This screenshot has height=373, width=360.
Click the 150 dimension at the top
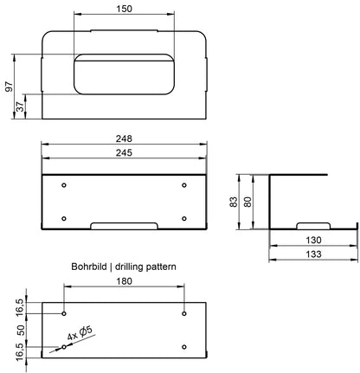(124, 9)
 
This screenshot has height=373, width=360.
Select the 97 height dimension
(10, 87)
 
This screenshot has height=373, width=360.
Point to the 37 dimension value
(20, 106)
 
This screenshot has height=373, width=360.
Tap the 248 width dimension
(124, 138)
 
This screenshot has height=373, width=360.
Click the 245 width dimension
(124, 152)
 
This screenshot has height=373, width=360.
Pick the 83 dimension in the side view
(234, 202)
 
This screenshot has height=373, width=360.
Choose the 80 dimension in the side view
(247, 202)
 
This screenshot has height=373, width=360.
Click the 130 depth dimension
(313, 240)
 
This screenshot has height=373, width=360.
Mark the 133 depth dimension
(313, 254)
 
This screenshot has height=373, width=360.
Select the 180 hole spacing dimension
(124, 281)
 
